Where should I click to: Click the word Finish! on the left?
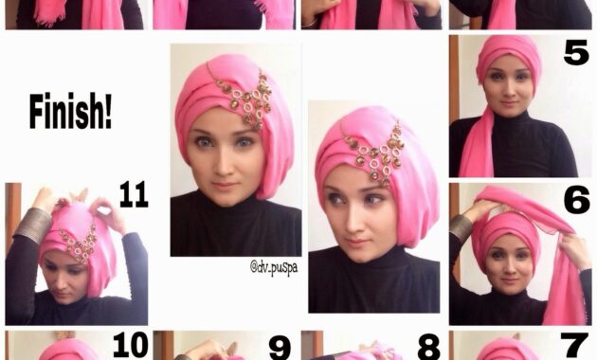tap(70, 112)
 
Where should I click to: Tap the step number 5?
tap(575, 53)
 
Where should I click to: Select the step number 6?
tap(575, 200)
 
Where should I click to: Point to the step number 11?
tap(133, 197)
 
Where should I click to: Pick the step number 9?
tap(279, 346)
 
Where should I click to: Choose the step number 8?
tap(427, 346)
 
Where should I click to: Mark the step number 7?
tap(575, 346)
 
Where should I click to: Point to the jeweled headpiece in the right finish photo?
tap(375, 152)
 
